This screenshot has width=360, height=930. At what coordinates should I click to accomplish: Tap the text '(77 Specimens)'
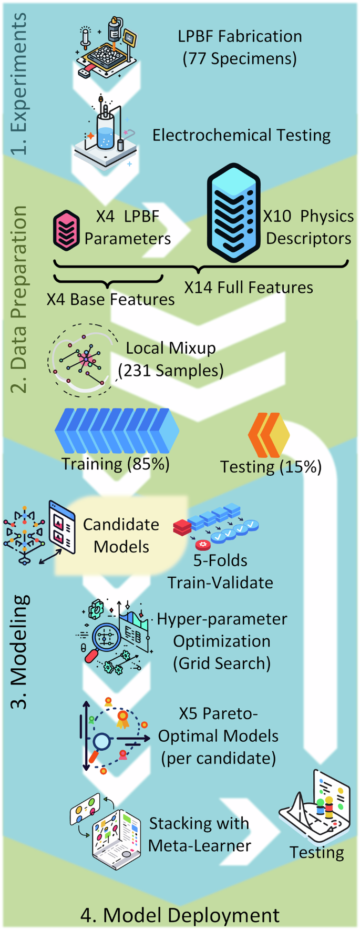(x=240, y=58)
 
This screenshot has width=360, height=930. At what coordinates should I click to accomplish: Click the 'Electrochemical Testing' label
(x=241, y=135)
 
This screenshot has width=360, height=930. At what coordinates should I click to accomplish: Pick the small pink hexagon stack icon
(x=66, y=230)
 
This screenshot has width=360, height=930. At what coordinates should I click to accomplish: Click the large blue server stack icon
(x=233, y=213)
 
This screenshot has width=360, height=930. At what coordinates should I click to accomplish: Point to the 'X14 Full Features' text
(x=248, y=288)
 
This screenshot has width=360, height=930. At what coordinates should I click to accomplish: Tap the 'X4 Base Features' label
(x=110, y=299)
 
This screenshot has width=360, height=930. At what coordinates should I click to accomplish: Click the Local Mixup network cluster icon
(x=81, y=359)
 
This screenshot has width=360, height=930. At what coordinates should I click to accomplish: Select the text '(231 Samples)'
(x=171, y=371)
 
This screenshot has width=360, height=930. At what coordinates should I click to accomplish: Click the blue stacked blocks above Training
(x=117, y=431)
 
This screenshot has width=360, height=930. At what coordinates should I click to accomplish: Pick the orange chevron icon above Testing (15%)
(x=268, y=435)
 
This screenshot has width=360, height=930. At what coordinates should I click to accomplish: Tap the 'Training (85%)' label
(x=116, y=464)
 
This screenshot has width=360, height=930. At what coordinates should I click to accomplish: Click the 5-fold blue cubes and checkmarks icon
(x=217, y=526)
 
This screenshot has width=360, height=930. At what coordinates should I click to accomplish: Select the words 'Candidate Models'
(x=121, y=535)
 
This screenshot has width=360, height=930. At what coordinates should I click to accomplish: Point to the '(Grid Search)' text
(x=222, y=663)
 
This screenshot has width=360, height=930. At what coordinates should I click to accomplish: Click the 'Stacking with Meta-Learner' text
(x=199, y=834)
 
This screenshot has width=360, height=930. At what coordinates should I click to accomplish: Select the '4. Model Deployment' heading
(x=180, y=915)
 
